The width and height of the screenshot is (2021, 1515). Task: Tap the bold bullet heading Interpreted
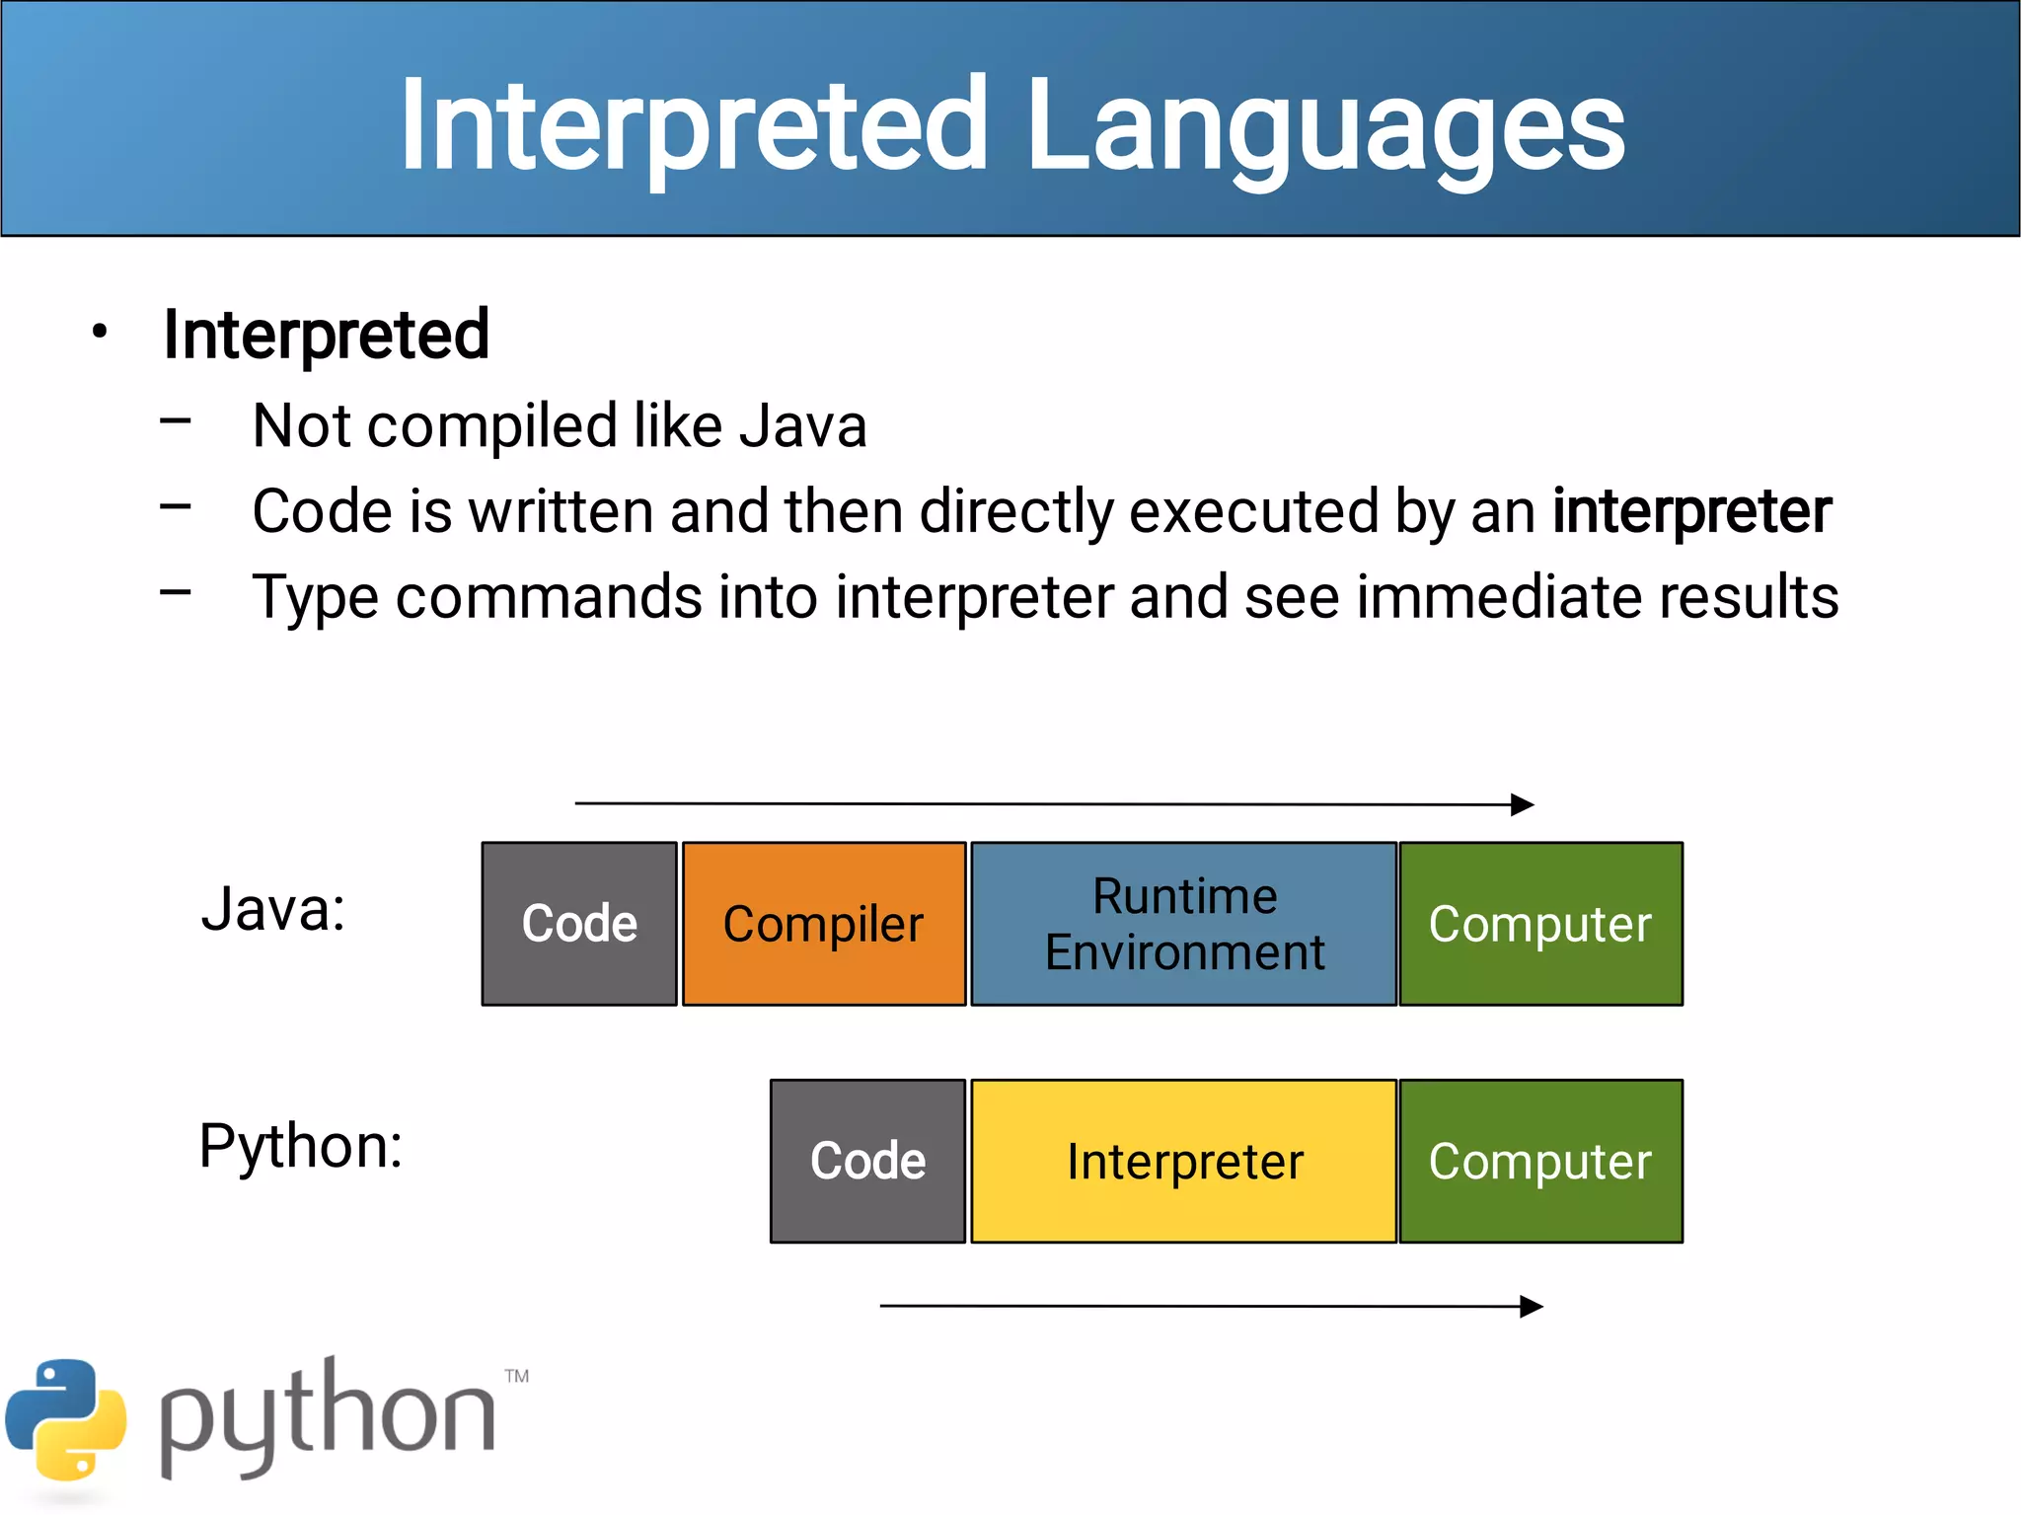click(x=326, y=335)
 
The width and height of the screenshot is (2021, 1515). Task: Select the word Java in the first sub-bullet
click(x=802, y=426)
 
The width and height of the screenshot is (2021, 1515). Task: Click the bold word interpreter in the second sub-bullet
click(x=1691, y=511)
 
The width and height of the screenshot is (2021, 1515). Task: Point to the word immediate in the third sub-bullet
click(x=1499, y=597)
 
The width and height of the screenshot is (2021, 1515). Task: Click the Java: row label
click(x=273, y=909)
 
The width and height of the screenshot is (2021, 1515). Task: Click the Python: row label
click(x=301, y=1146)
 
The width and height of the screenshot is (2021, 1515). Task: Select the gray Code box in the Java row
click(x=579, y=924)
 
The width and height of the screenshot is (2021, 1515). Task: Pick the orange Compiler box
click(x=823, y=924)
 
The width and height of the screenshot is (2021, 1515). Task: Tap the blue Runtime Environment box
click(x=1183, y=924)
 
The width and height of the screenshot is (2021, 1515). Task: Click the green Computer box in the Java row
click(x=1540, y=924)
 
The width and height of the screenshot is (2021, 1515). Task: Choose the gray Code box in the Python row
click(x=867, y=1161)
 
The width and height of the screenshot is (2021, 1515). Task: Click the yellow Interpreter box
click(x=1183, y=1161)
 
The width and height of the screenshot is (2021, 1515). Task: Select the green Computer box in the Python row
click(x=1540, y=1161)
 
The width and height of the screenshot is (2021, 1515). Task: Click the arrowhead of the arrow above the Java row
click(x=1523, y=804)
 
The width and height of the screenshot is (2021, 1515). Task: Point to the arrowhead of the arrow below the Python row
click(x=1532, y=1307)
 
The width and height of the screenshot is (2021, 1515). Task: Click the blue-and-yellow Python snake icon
click(x=66, y=1421)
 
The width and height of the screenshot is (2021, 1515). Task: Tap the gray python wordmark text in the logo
click(x=326, y=1421)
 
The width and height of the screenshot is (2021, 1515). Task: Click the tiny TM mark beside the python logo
click(x=517, y=1376)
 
